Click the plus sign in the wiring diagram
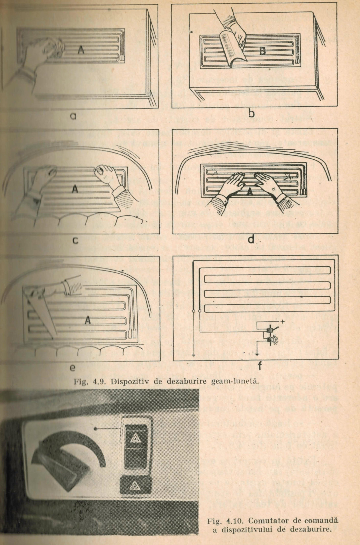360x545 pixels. coord(283,322)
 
